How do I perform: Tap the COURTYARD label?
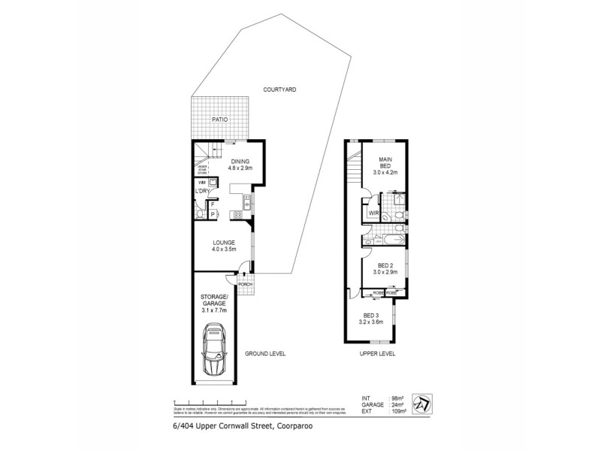tap(279, 89)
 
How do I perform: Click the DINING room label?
tap(241, 161)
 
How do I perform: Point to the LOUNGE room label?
tap(223, 242)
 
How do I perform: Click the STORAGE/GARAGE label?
tap(215, 301)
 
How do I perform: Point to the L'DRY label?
tap(201, 191)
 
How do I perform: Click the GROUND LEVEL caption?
tap(265, 353)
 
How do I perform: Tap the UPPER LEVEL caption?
tap(378, 353)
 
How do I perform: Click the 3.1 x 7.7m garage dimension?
tap(215, 309)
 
